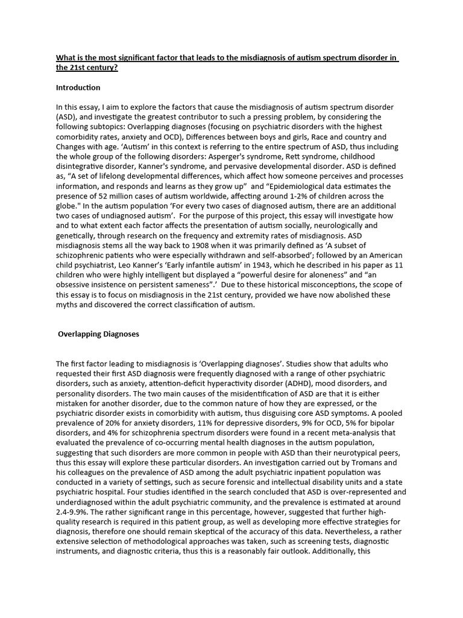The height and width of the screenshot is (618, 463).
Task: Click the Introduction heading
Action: (x=78, y=88)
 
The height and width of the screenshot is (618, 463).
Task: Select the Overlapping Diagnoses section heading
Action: (x=98, y=334)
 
